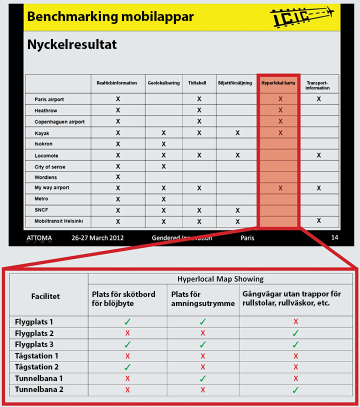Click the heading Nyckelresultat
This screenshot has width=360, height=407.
point(72,44)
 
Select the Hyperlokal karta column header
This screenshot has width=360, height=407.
point(278,83)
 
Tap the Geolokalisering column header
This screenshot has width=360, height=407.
point(163,83)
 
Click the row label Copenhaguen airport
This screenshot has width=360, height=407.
point(59,122)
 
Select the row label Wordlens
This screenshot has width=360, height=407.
point(45,177)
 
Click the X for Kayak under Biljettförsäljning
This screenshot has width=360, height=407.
point(237,133)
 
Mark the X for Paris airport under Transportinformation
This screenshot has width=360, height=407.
point(318,99)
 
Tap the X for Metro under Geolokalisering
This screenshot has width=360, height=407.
point(163,199)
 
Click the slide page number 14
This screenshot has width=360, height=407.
point(334,237)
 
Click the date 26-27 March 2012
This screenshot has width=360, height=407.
point(97,237)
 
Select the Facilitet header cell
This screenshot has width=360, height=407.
point(45,296)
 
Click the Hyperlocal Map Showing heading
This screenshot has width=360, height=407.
point(220,279)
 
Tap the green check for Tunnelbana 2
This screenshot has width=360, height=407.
point(295,390)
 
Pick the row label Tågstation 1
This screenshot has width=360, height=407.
point(36,356)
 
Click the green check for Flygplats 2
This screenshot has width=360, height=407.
point(295,333)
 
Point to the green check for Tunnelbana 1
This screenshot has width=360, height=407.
point(202,378)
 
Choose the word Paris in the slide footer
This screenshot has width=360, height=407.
point(247,237)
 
